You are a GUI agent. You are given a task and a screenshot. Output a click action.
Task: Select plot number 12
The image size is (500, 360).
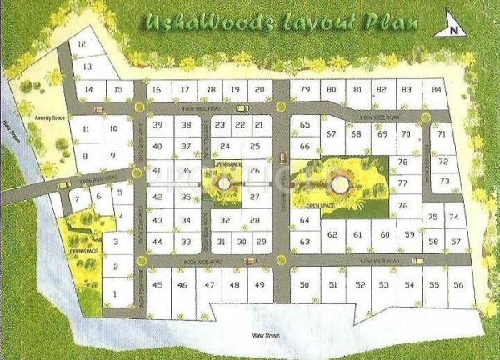tap(81, 44)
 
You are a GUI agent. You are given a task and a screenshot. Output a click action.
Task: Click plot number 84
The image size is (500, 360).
tap(436, 90)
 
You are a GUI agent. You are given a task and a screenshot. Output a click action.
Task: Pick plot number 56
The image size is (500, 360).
tap(457, 285)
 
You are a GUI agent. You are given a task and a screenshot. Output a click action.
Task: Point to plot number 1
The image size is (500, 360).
tap(113, 293)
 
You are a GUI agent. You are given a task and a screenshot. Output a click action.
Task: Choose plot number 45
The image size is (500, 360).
tap(157, 285)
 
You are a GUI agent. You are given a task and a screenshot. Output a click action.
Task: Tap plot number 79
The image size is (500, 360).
tap(305, 90)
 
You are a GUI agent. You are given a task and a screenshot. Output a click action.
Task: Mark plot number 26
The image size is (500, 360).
tap(255, 172)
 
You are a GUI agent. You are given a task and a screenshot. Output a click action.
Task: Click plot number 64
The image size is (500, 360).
tap(304, 220)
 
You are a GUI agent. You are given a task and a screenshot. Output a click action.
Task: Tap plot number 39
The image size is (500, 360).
tap(157, 125)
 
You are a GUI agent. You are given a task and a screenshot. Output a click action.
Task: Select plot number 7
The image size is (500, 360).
tap(77, 199)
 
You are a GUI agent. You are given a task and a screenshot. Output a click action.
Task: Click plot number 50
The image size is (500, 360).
tap(305, 285)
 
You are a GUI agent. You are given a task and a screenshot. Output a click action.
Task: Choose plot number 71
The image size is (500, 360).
tap(442, 134)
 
